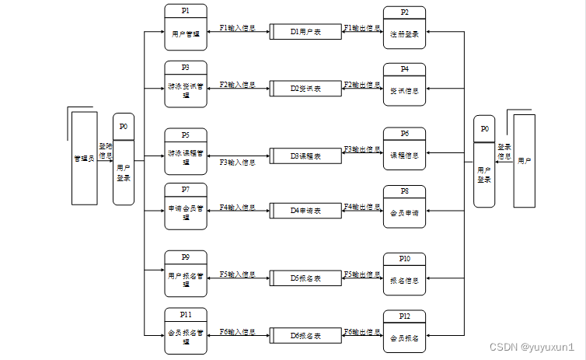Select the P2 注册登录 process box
tap(404, 27)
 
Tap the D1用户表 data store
tap(305, 32)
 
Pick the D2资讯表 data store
tap(305, 89)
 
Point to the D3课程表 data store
tap(305, 156)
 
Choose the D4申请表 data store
tap(305, 210)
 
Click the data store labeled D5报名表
tap(305, 277)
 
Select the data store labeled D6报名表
tap(305, 335)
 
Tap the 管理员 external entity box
tap(84, 158)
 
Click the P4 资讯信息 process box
tap(404, 84)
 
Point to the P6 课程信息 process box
tap(404, 149)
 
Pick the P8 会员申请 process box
tap(404, 206)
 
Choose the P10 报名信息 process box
tap(404, 274)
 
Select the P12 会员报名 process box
tap(404, 331)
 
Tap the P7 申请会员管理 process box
tap(185, 205)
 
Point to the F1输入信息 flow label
tap(238, 28)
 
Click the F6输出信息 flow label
tap(362, 332)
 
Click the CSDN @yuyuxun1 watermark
tap(537, 347)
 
